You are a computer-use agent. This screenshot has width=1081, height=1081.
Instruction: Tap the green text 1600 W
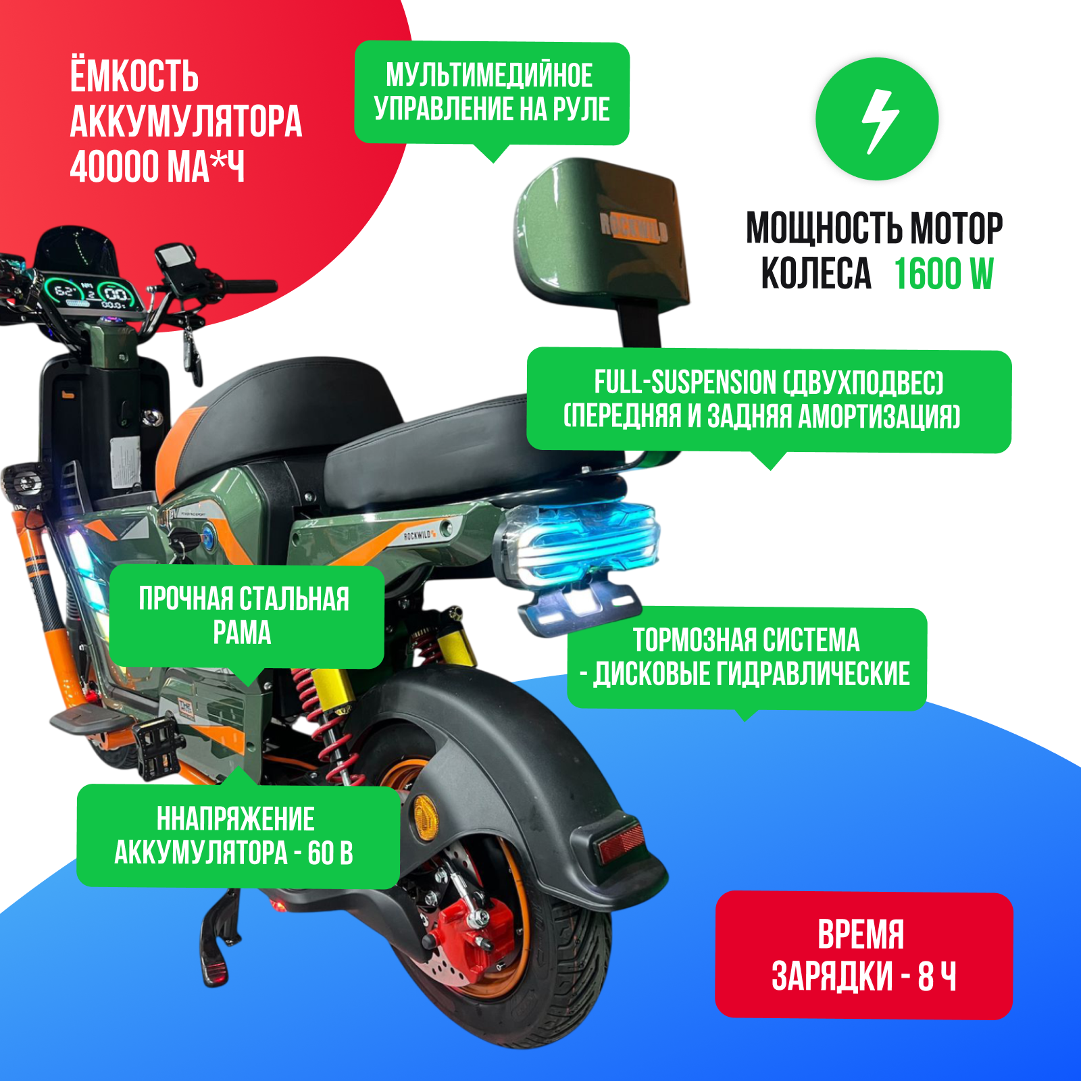944,274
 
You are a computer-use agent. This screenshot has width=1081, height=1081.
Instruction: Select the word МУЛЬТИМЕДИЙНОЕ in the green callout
489,75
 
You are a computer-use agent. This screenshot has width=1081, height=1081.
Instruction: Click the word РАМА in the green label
242,633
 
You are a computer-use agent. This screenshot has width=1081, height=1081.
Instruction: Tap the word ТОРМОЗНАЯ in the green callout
693,640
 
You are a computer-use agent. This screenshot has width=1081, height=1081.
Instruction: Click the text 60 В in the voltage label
330,853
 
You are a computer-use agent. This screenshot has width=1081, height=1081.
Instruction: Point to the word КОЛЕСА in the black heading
816,274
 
